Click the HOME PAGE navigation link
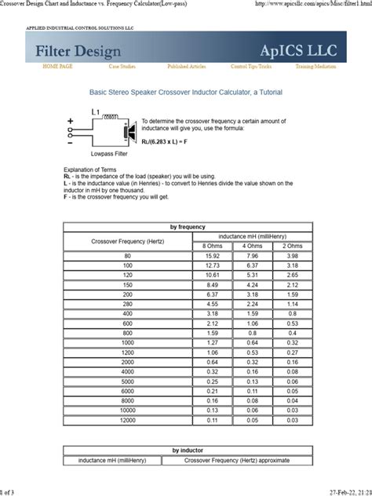(57, 67)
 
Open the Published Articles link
(187, 67)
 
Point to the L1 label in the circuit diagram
(96, 112)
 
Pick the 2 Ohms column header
(291, 246)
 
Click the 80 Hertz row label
(127, 256)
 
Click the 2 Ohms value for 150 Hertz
(291, 284)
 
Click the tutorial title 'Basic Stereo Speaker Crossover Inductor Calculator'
(185, 93)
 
